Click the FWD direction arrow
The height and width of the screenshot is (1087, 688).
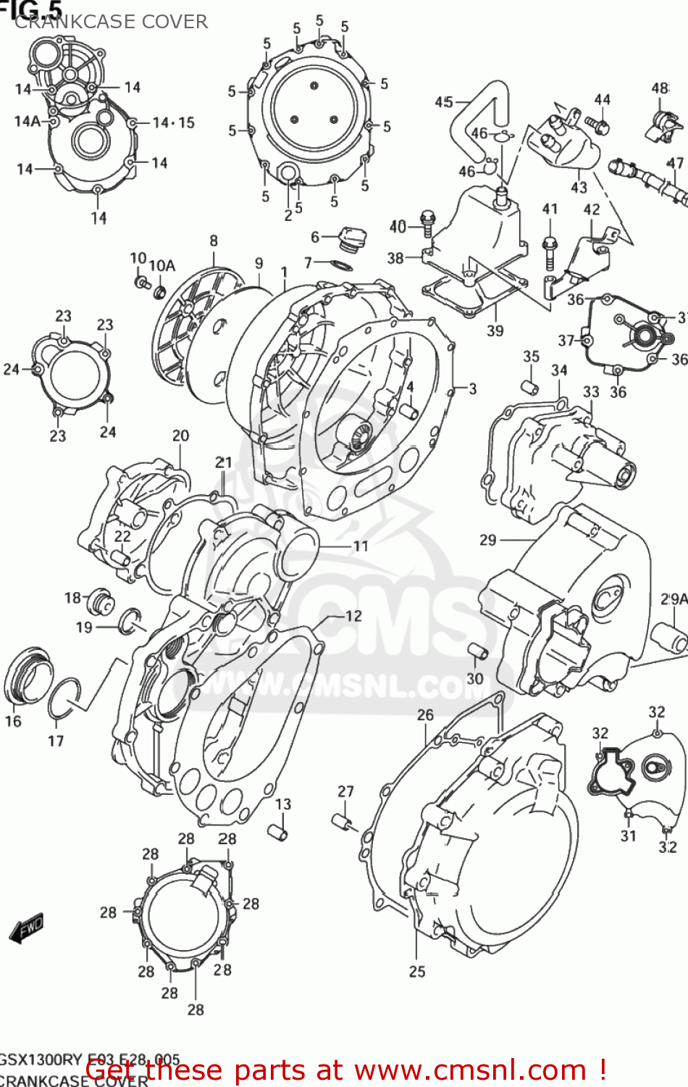tap(28, 928)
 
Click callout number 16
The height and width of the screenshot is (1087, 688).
tap(13, 721)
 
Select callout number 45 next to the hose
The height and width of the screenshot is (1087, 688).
tap(444, 102)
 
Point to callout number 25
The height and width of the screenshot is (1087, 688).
tap(417, 972)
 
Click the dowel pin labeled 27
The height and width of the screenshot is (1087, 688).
tap(343, 823)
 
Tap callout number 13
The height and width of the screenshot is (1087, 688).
tap(283, 804)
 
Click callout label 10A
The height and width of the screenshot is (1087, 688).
tap(161, 266)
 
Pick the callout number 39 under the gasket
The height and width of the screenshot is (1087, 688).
tap(495, 330)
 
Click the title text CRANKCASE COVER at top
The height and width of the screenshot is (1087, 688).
tap(111, 22)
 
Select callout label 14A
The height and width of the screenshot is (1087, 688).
tap(27, 122)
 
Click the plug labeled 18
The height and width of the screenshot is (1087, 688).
tap(100, 601)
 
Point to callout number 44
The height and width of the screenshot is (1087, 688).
tap(603, 100)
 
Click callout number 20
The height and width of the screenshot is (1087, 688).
tap(180, 436)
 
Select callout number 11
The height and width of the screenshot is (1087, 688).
tap(361, 546)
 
